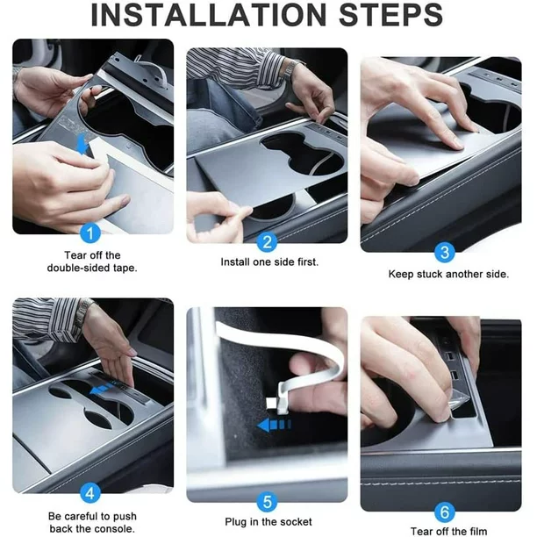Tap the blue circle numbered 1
click(x=89, y=233)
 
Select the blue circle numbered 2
click(x=268, y=241)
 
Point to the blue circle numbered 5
click(x=268, y=502)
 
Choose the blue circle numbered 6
click(x=445, y=511)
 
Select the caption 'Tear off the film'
click(x=448, y=531)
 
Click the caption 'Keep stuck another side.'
click(x=448, y=274)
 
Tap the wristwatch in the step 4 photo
click(x=85, y=308)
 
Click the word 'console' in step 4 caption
click(x=112, y=528)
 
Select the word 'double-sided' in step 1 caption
click(x=76, y=268)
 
